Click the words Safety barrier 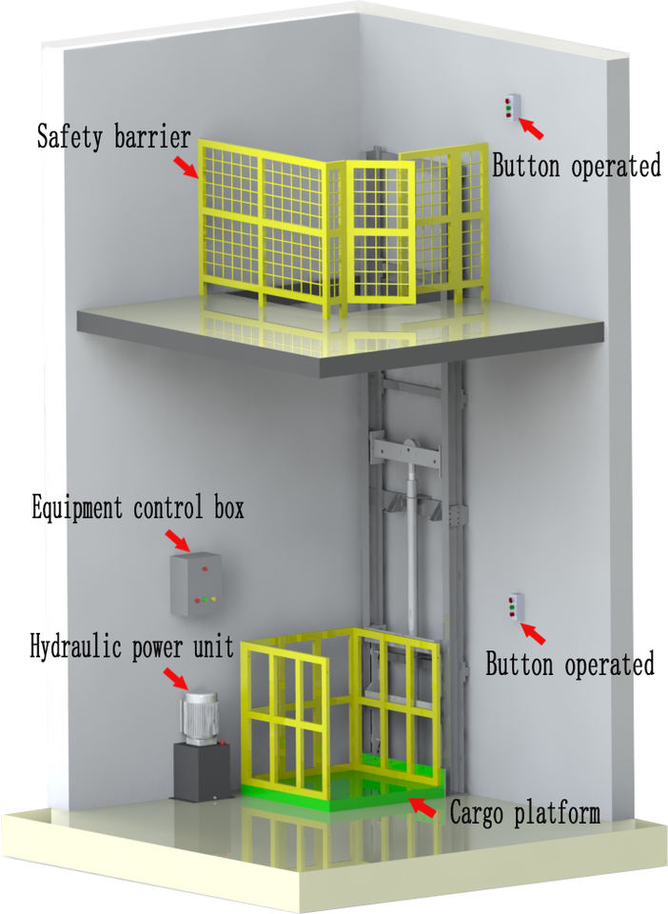coord(113,136)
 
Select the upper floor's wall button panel coord(512,108)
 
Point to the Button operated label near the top coord(576,166)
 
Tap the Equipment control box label coord(137,507)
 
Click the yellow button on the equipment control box coord(212,600)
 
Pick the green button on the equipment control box coord(203,600)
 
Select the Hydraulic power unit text coord(131,647)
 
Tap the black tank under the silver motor coord(198,770)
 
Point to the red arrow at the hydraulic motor coord(176,678)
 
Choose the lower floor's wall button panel coord(515,606)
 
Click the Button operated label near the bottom coord(570,664)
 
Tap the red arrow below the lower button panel coord(533,631)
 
